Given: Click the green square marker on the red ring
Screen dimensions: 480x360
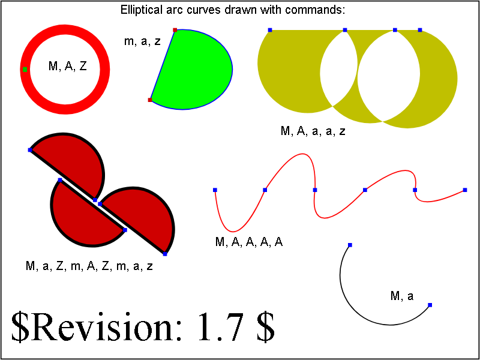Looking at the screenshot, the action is click(25, 70).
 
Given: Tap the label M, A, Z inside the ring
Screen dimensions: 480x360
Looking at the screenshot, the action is click(68, 66).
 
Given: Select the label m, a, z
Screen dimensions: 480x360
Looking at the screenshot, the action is click(142, 41).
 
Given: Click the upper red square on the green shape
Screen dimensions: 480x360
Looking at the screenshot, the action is click(175, 30).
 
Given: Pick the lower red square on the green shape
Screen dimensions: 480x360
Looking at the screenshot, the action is click(150, 100).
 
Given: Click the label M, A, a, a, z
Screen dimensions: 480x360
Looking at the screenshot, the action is click(313, 131).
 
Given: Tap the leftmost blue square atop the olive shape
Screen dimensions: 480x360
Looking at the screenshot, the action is click(270, 29).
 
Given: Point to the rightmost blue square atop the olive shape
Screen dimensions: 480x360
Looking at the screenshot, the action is click(420, 29).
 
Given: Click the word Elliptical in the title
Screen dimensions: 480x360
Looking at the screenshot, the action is click(142, 10).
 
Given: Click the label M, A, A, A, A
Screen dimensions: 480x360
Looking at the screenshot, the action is click(249, 242).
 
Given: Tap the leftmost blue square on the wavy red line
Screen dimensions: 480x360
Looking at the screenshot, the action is click(215, 190).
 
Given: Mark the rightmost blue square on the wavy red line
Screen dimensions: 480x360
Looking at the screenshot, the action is click(465, 190).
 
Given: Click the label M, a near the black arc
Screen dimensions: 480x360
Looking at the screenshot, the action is click(402, 296).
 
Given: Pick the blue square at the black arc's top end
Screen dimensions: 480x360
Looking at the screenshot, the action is click(350, 245).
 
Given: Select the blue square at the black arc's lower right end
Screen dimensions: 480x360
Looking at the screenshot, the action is click(430, 305).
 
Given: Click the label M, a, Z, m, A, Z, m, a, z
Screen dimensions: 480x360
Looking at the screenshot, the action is click(89, 266).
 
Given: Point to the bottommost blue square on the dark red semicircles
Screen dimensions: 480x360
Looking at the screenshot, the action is click(165, 254).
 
